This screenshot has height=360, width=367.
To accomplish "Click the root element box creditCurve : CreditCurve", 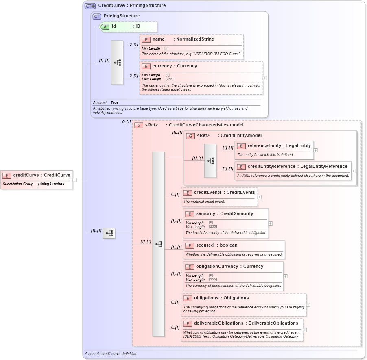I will click(x=37, y=176).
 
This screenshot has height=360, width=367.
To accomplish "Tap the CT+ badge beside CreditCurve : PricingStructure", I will click(x=90, y=6).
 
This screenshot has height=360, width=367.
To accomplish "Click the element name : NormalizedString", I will click(x=183, y=39).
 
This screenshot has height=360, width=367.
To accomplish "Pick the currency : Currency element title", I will click(x=175, y=66).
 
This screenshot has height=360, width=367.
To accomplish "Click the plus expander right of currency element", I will click(x=265, y=78).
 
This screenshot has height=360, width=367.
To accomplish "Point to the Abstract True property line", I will click(x=106, y=103).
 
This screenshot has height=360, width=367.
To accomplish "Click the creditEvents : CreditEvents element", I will click(x=224, y=192).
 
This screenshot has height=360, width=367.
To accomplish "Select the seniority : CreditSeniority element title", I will click(x=224, y=213).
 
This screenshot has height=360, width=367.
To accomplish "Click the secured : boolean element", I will click(x=216, y=245).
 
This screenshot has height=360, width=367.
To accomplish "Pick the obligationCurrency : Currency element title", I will click(x=229, y=266).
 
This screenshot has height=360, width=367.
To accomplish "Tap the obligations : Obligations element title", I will click(x=221, y=298).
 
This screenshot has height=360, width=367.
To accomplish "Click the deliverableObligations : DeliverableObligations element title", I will click(x=246, y=323).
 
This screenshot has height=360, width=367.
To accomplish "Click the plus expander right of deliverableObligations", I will click(x=305, y=330).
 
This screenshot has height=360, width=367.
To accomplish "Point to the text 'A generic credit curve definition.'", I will click(x=111, y=354).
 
